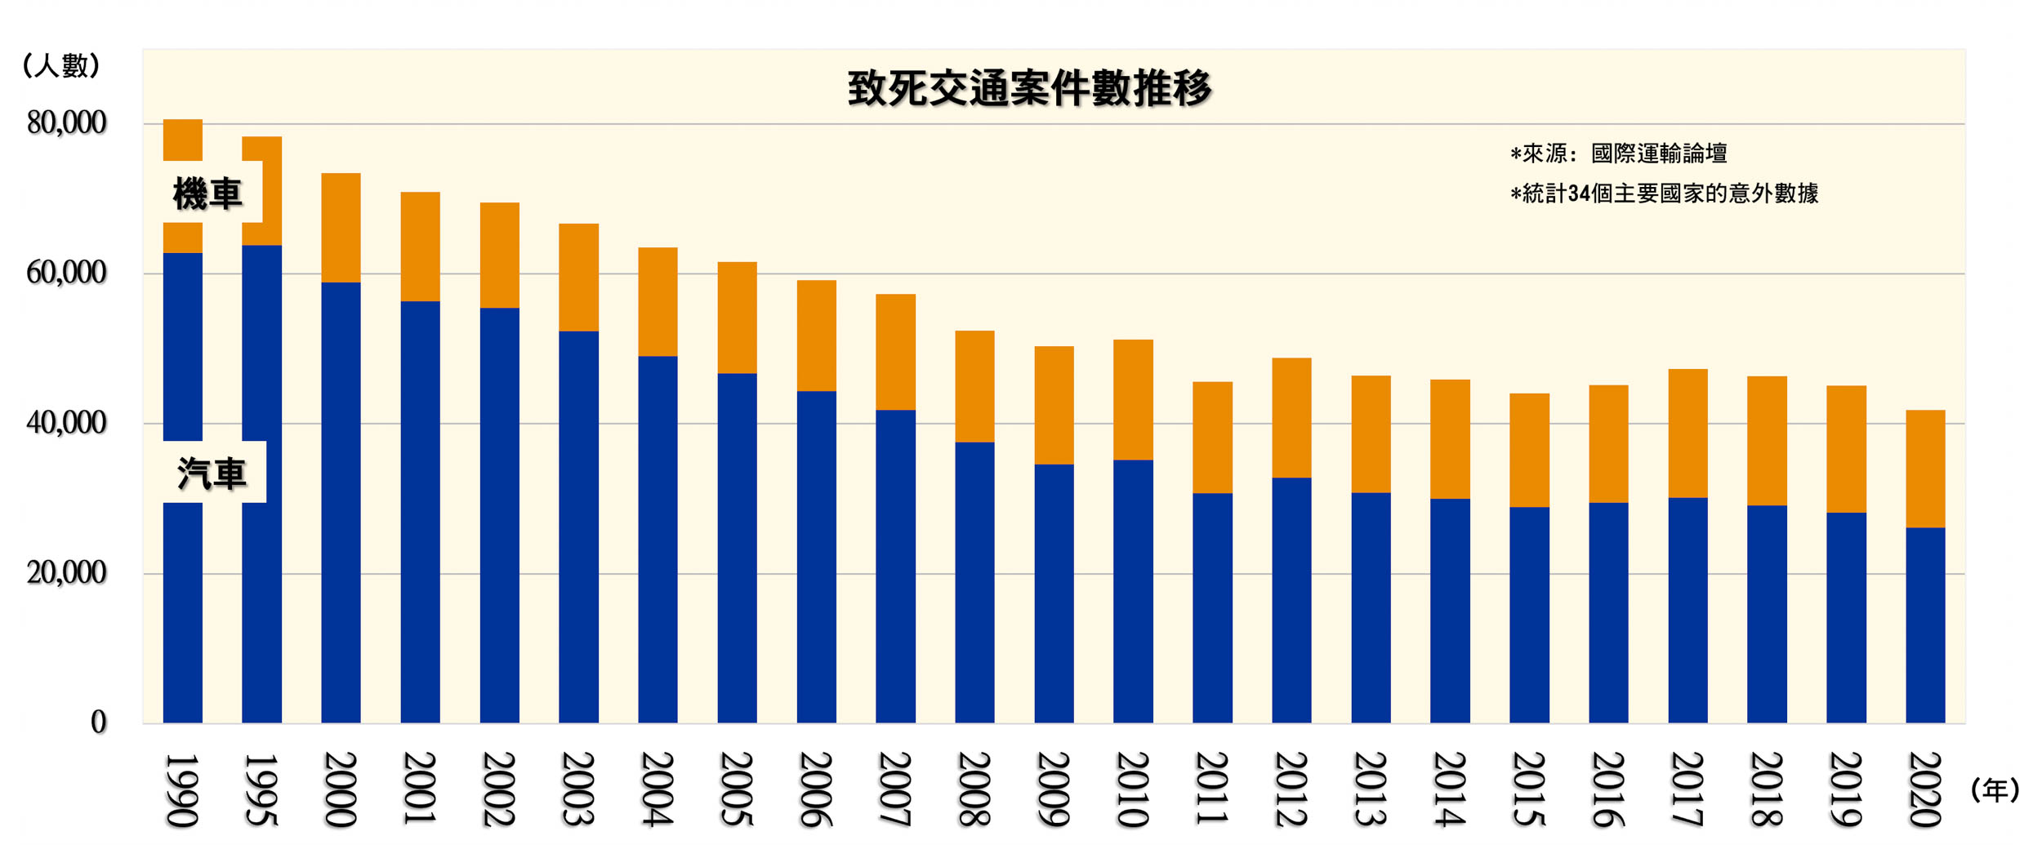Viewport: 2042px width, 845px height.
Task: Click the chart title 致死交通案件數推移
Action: coord(1029,88)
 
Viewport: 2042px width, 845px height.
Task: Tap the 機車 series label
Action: coord(207,194)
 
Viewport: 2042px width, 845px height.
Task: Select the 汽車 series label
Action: coord(212,474)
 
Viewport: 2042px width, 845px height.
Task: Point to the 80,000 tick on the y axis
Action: coord(66,123)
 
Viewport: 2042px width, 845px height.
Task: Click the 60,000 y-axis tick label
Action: coord(66,273)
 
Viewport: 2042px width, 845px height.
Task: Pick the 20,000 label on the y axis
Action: coord(66,573)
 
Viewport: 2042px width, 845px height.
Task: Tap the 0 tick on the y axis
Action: coord(98,723)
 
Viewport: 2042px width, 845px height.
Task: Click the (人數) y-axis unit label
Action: coord(61,65)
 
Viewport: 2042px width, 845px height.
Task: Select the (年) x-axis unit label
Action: coord(1995,790)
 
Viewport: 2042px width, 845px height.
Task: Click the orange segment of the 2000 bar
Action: coord(341,228)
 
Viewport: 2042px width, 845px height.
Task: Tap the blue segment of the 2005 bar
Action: coord(737,547)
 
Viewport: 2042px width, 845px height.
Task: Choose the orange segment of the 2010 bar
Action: coord(1133,399)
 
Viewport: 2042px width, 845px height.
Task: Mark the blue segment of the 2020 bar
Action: coord(1925,625)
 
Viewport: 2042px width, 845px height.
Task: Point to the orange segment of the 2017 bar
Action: coord(1688,433)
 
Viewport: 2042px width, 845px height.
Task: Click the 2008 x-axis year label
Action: coord(974,789)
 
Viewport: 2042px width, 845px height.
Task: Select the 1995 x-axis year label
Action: coord(261,789)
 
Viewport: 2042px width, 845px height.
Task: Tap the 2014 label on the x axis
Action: coord(1450,789)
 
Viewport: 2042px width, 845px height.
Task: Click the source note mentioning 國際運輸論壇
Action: coord(1618,153)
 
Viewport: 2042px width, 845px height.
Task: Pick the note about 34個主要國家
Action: coord(1664,193)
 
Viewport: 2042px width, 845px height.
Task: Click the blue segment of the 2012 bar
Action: coord(1291,600)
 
